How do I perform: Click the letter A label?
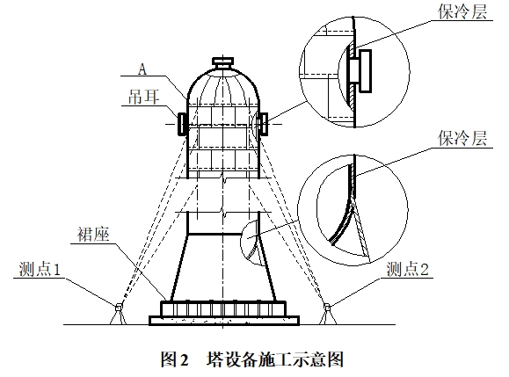point(142,69)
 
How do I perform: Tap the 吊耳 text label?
point(144,98)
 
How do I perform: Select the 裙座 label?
point(93,235)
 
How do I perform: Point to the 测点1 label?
point(40,270)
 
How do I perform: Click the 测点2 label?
point(408,270)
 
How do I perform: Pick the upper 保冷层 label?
point(462,12)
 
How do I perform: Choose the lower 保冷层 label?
point(462,139)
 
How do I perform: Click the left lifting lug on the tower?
point(181,124)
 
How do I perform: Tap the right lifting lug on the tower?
point(264,124)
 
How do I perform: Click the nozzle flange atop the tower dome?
point(222,61)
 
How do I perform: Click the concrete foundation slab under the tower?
point(224,320)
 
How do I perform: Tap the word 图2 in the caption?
point(175,359)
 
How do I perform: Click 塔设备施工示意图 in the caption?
point(275,359)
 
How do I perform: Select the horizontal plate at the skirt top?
point(222,234)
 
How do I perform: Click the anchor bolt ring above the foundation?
point(223,308)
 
